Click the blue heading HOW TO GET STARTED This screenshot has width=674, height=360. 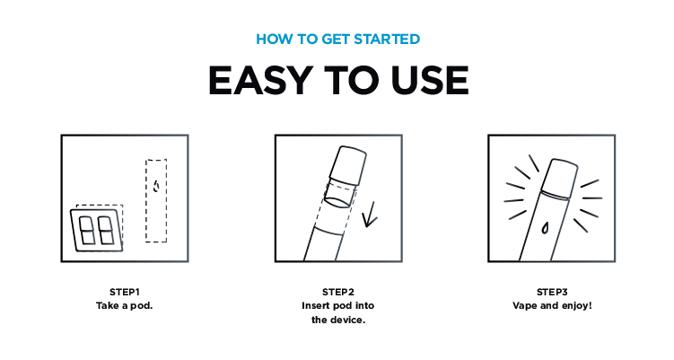[x=337, y=40]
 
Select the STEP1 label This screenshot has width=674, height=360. [x=125, y=292]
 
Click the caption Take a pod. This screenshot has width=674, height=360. [x=125, y=306]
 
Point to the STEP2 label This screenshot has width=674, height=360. [x=337, y=292]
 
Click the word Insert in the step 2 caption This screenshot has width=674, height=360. [x=316, y=306]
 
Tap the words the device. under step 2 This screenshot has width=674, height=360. [x=338, y=320]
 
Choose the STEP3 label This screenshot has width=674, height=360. [x=552, y=292]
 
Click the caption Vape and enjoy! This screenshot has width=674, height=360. [x=552, y=306]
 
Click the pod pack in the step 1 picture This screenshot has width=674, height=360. [x=97, y=230]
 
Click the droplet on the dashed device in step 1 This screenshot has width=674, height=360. [x=156, y=186]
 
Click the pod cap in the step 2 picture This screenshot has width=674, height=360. [x=347, y=164]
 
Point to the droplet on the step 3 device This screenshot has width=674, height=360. [x=545, y=227]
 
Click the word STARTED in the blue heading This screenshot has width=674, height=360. [x=387, y=40]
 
